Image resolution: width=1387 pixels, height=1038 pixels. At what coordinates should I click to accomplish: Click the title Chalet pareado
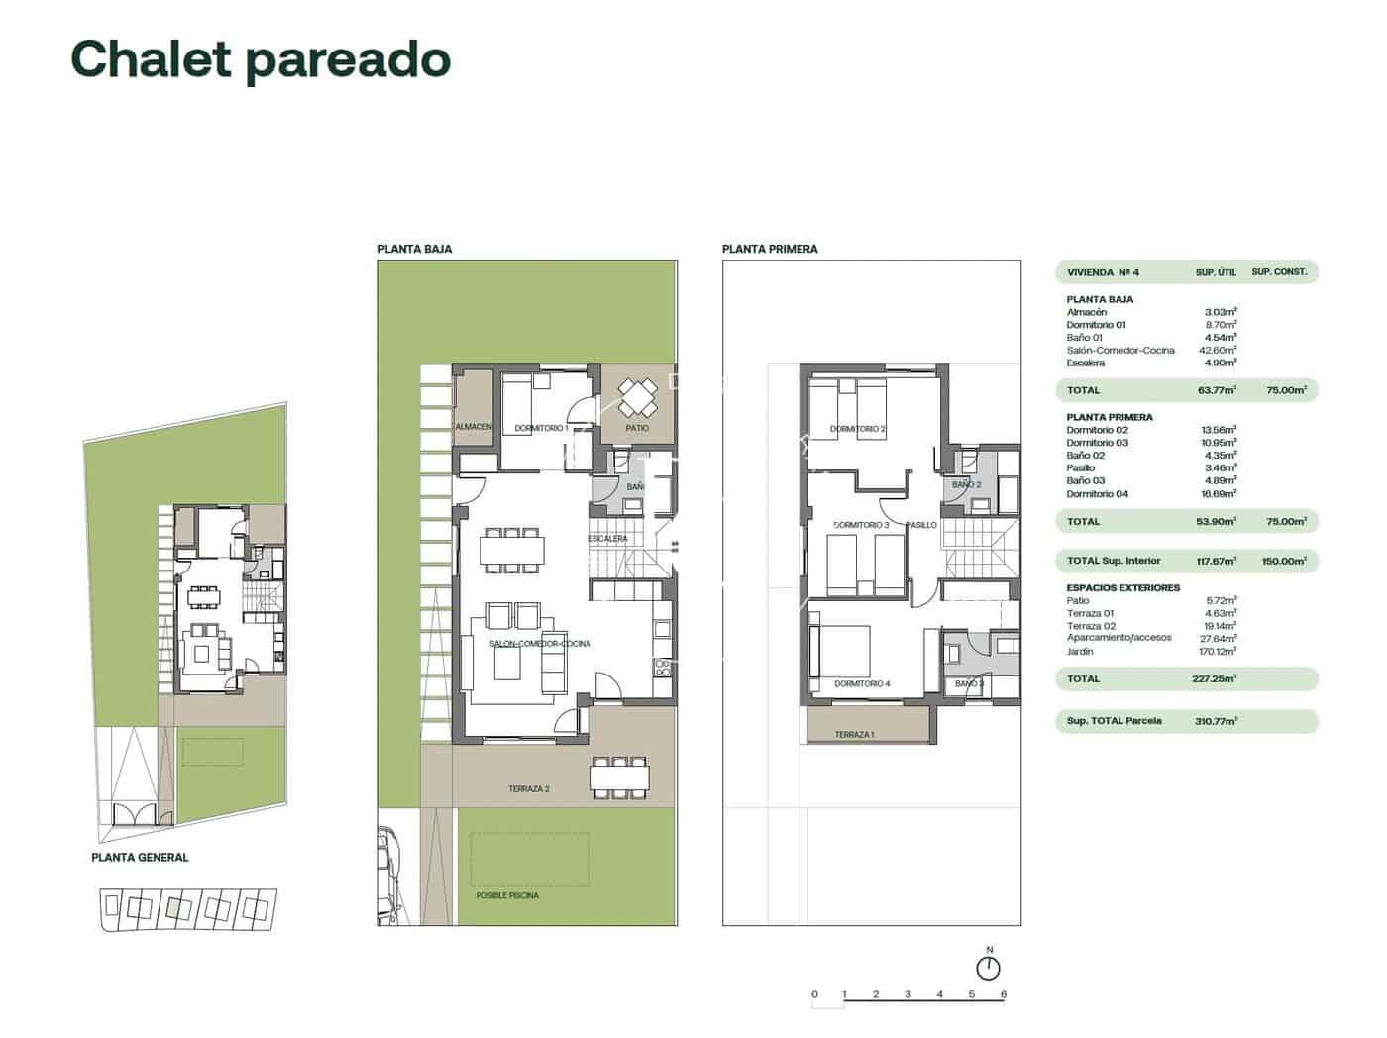click(261, 59)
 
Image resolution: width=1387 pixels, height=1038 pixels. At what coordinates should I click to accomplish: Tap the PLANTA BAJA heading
click(414, 249)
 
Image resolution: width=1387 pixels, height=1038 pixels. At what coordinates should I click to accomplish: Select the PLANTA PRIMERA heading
click(770, 249)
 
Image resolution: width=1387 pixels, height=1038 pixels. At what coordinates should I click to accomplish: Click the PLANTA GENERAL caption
click(140, 858)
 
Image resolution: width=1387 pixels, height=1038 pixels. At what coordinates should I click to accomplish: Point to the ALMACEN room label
click(474, 427)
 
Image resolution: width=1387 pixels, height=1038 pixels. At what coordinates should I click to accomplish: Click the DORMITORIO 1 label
click(542, 429)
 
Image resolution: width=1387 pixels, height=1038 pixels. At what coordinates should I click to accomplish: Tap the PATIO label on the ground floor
click(637, 428)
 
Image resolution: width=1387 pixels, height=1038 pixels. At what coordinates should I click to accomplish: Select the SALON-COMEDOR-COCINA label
click(540, 644)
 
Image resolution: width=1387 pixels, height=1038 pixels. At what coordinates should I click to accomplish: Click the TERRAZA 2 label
click(529, 789)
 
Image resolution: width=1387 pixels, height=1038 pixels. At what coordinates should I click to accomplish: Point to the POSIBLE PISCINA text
click(507, 895)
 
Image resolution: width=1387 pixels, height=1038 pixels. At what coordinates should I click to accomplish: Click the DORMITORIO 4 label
click(862, 684)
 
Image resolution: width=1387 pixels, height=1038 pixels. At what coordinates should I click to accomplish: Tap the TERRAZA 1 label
click(854, 735)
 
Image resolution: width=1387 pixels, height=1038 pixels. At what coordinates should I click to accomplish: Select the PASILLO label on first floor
click(921, 525)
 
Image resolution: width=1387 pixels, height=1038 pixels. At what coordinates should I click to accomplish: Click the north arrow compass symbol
click(989, 968)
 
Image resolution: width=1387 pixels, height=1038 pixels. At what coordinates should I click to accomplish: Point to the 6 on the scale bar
click(1004, 995)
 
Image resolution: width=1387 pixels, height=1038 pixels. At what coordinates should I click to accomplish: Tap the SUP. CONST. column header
click(1279, 271)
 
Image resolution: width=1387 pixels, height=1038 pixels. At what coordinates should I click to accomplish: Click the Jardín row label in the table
click(1080, 652)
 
